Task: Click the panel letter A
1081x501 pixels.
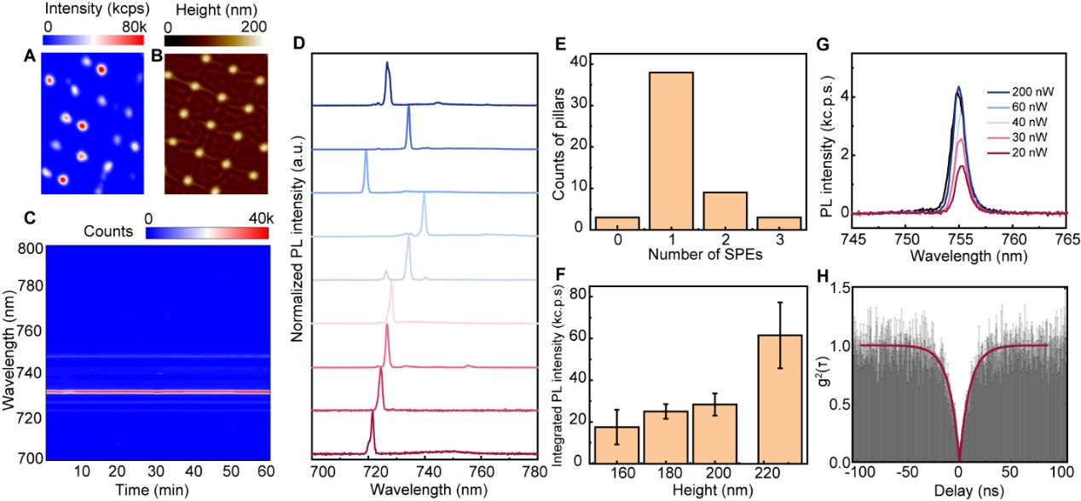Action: tap(32, 60)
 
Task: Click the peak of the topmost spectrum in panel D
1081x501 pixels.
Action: tap(387, 63)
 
